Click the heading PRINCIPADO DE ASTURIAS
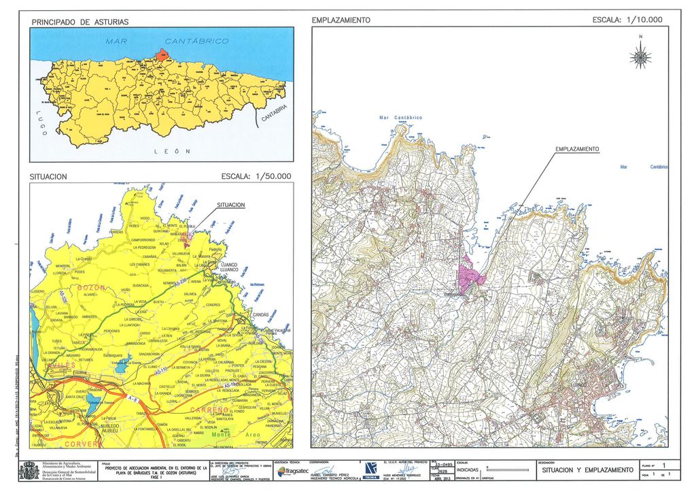(80, 22)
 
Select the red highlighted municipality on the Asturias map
(162, 54)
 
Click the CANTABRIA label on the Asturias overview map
(275, 116)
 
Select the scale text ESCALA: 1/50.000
(256, 176)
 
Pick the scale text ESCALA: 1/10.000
(627, 20)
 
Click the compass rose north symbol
(640, 54)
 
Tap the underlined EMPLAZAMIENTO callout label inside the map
(576, 149)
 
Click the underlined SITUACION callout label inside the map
(235, 204)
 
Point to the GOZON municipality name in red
(92, 289)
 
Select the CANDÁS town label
(260, 315)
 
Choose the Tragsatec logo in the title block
(293, 471)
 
